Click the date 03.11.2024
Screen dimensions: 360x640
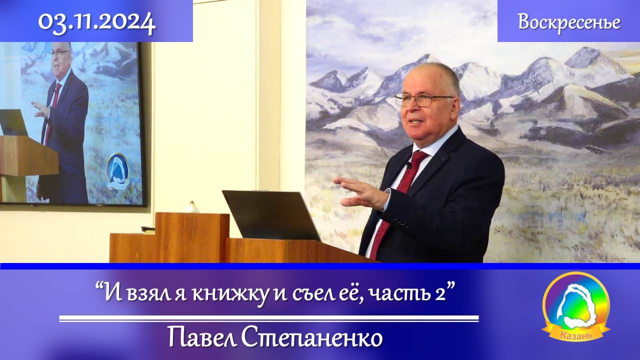tap(96, 22)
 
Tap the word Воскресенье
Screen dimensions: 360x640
tap(569, 22)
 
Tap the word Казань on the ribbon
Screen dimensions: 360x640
tap(576, 334)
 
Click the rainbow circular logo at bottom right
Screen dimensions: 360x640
tap(576, 302)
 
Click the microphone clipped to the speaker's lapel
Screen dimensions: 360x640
tap(408, 164)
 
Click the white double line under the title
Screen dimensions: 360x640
tap(268, 318)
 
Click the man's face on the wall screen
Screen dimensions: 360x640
tap(59, 57)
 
